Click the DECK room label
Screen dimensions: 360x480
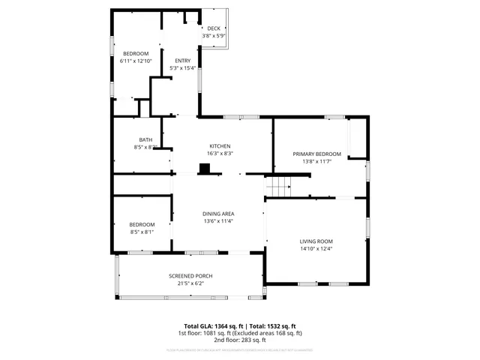214,28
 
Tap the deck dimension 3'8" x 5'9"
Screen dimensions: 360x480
214,36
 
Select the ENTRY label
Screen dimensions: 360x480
182,61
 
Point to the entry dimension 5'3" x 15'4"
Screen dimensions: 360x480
182,68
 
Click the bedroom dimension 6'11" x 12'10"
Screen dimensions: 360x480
136,61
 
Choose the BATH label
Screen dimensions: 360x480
145,139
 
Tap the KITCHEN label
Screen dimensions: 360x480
220,145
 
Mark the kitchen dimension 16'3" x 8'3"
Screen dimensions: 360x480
220,153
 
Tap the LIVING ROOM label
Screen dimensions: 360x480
316,241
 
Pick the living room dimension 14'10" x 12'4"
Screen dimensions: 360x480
316,248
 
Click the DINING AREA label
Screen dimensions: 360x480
218,214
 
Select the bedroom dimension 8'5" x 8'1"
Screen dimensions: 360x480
142,232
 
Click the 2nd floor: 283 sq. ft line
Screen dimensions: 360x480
239,339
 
